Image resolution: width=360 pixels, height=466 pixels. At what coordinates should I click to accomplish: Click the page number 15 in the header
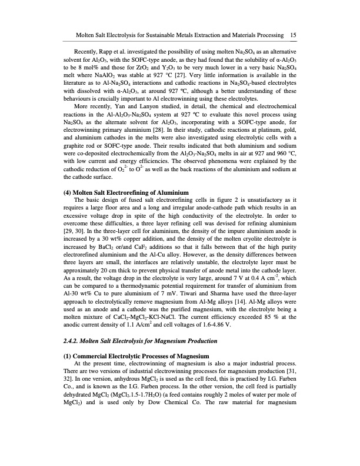click(292, 36)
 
